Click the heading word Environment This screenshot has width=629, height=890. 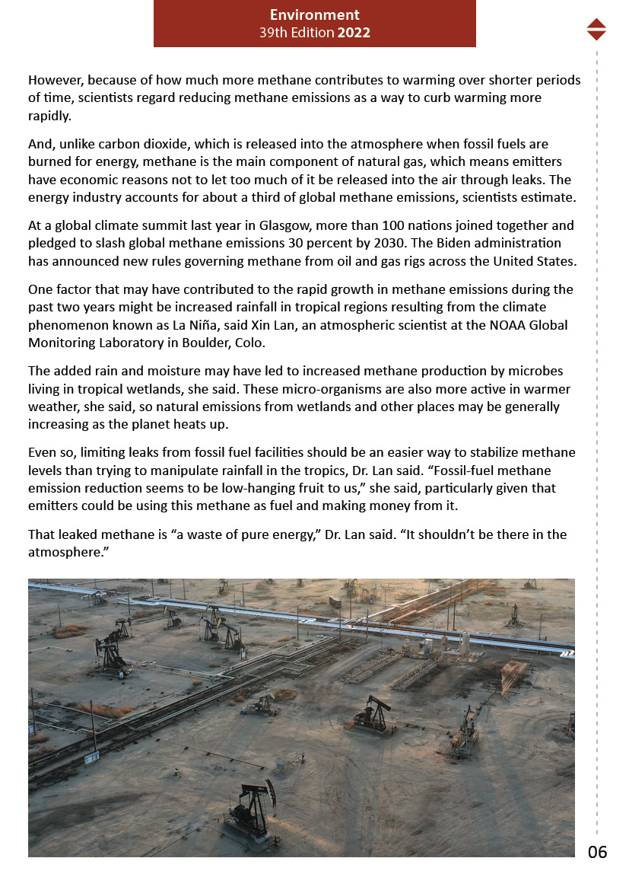click(x=314, y=15)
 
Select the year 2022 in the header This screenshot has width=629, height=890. click(x=354, y=33)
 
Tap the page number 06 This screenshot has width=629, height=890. click(x=598, y=852)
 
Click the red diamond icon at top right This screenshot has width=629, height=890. click(x=596, y=29)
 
